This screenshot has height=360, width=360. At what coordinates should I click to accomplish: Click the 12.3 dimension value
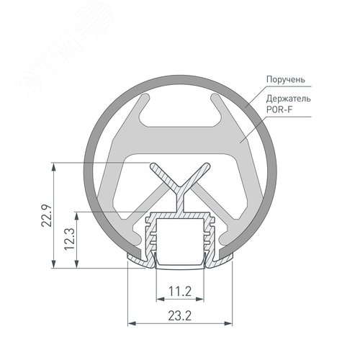coord(69,238)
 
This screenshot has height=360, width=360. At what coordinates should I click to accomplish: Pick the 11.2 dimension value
coord(179,292)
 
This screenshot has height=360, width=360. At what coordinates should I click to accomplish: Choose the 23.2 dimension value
coord(179,314)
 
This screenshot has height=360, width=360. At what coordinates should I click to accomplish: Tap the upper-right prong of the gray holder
coord(222,99)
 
